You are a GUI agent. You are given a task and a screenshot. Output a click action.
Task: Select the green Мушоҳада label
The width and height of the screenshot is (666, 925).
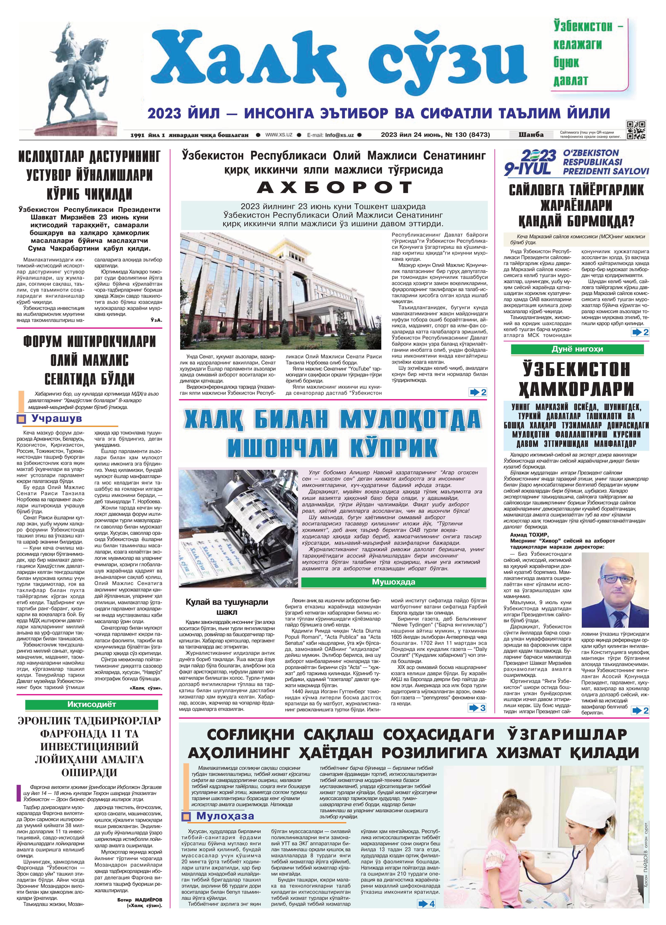(393, 582)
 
